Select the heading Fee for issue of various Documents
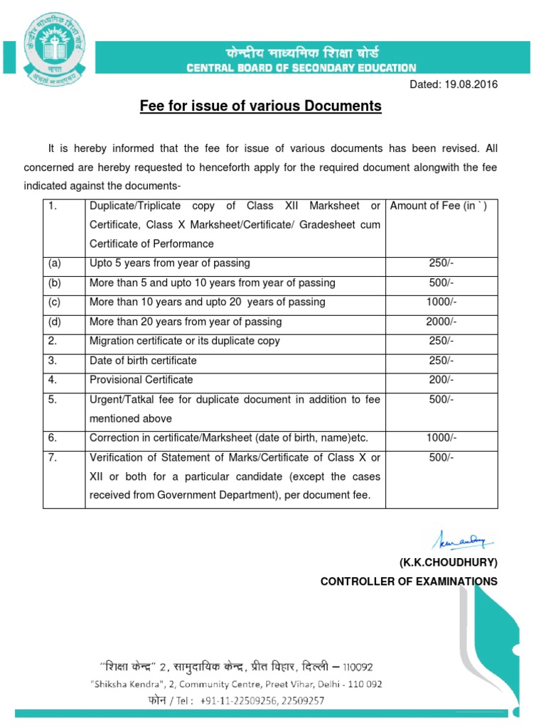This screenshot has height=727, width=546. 259,106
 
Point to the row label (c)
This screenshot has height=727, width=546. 55,302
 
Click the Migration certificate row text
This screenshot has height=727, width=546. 185,341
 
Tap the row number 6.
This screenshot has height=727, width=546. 53,438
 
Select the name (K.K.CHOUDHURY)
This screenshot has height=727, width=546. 448,563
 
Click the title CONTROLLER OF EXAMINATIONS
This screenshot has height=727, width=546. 409,581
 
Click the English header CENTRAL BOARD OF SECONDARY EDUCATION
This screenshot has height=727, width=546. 301,68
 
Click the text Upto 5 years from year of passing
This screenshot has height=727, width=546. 170,263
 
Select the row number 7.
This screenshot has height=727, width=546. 53,458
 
